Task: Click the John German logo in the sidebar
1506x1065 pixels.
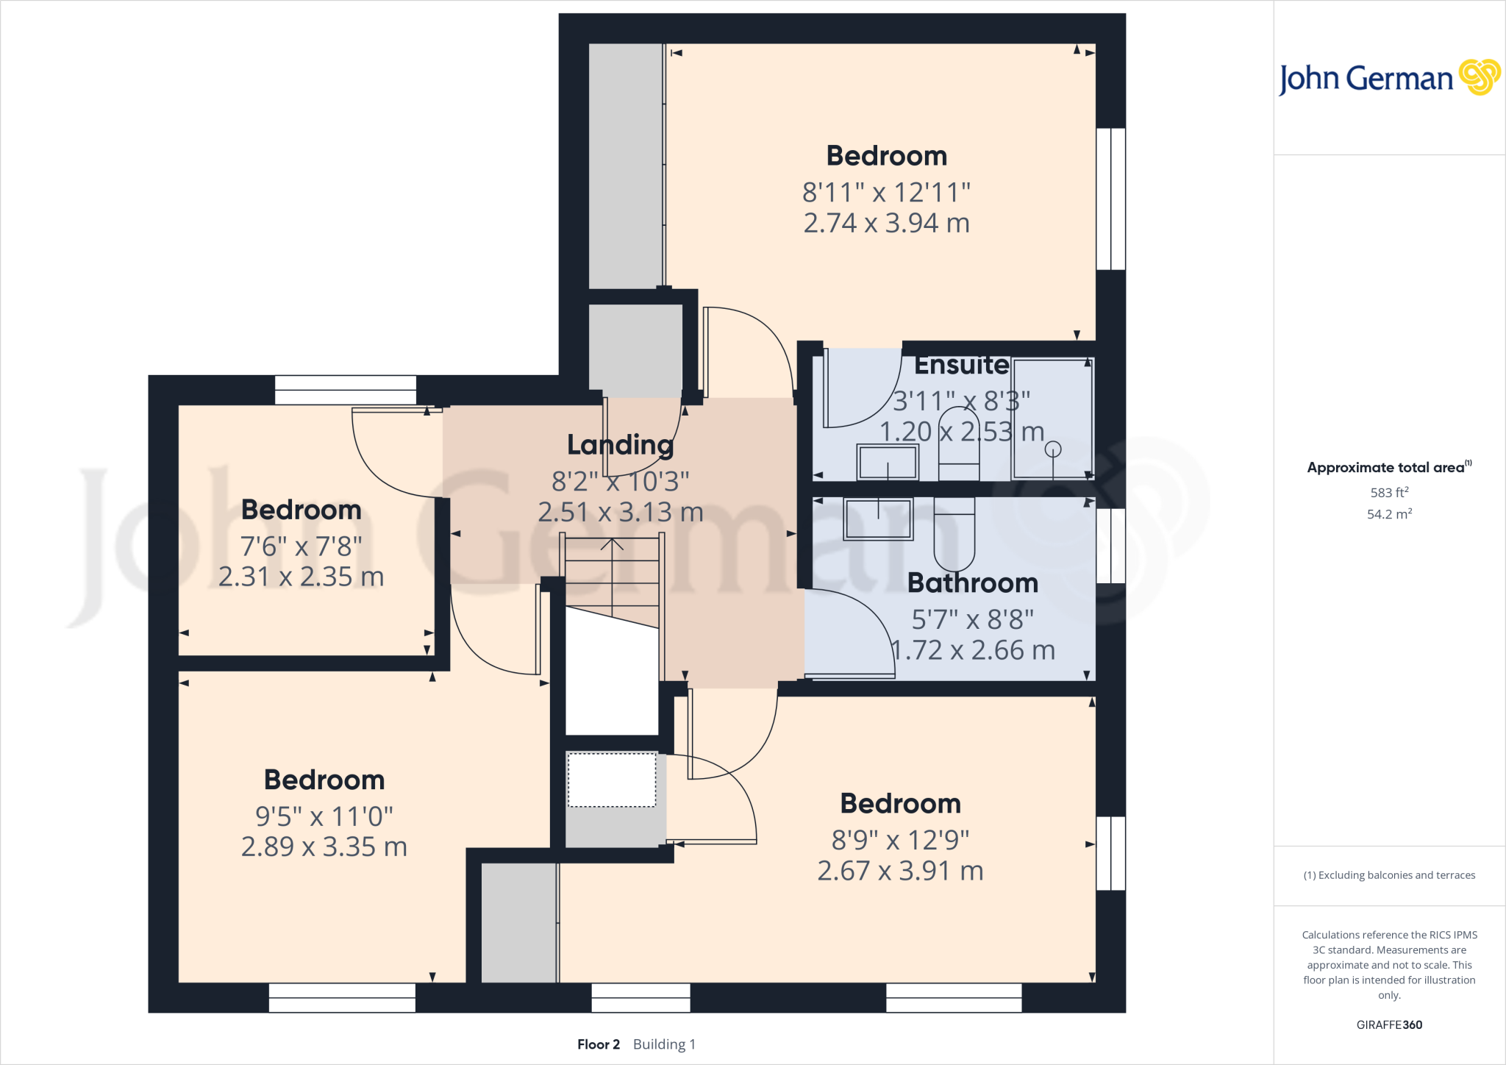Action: click(1388, 78)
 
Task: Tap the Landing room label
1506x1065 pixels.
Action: click(620, 445)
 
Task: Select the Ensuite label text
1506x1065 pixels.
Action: click(961, 365)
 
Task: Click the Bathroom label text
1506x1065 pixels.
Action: click(972, 583)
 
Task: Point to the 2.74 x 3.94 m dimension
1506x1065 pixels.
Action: click(886, 223)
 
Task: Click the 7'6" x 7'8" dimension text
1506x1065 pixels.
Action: click(301, 546)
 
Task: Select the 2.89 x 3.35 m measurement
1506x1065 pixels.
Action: click(324, 847)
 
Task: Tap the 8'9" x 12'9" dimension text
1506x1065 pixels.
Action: click(900, 839)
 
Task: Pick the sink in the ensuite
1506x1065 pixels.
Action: click(888, 463)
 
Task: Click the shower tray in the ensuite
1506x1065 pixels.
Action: click(1052, 418)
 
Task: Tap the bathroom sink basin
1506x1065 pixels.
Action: click(878, 519)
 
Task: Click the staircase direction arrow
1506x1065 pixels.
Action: click(612, 546)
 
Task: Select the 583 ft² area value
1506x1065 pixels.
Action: click(1388, 493)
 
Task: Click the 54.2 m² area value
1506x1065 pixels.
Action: click(1388, 514)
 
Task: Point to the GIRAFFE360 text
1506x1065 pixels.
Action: click(1388, 1025)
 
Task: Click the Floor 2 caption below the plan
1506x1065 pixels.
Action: click(598, 1044)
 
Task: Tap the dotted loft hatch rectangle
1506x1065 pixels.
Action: click(612, 780)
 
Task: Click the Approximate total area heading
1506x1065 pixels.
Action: click(1387, 467)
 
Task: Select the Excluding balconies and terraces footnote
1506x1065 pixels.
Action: click(1388, 875)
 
